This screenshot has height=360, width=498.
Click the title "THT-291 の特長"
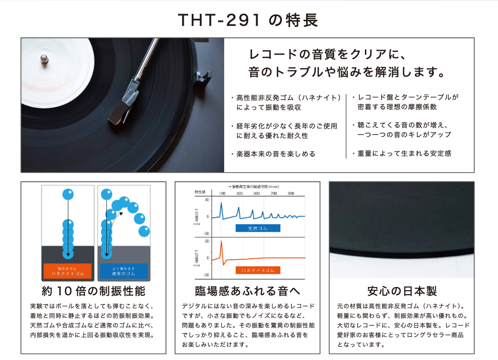tap(248, 20)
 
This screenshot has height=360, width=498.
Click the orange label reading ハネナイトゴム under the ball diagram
tap(67, 271)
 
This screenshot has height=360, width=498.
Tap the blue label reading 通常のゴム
tap(123, 271)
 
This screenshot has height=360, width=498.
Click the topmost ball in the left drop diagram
tap(68, 193)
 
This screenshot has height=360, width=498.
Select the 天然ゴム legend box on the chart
tap(258, 228)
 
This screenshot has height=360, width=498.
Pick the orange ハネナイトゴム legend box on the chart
tap(258, 270)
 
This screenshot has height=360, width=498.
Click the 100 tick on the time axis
tap(222, 194)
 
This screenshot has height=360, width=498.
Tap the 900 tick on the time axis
tap(290, 194)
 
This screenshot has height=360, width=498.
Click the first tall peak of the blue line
tap(221, 203)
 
